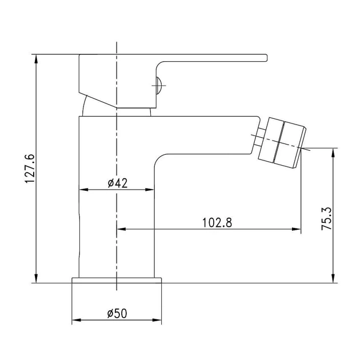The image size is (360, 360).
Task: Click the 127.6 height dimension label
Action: pos(30,169)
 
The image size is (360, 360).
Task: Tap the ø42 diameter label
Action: pos(117,183)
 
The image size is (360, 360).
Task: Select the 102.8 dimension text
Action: pos(217,223)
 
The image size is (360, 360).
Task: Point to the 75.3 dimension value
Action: pos(326,218)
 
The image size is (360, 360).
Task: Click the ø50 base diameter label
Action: pos(117,313)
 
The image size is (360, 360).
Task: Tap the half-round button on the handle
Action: pos(158,85)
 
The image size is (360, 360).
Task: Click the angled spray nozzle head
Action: pos(282,143)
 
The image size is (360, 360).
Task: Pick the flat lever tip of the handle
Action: pos(265,58)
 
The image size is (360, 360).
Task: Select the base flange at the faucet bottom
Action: pos(117,281)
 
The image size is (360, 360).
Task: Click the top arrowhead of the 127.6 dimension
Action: pos(36,59)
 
